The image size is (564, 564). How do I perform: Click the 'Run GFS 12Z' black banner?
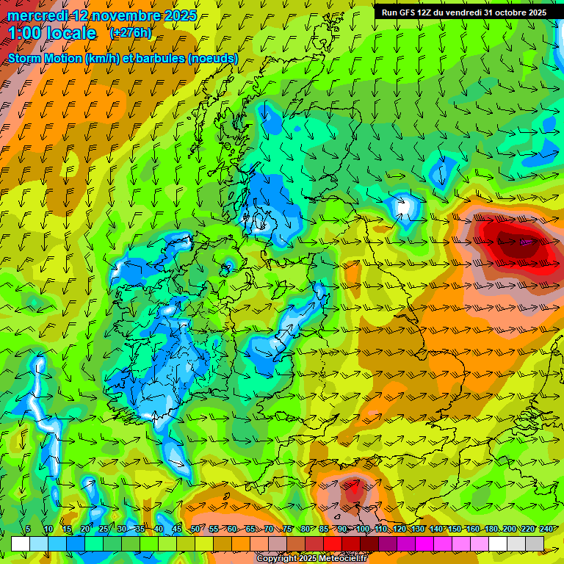click(463, 12)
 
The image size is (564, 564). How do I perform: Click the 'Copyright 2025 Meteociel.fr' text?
click(311, 558)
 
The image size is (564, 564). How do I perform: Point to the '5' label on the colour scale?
click(28, 529)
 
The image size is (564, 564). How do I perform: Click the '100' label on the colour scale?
click(363, 529)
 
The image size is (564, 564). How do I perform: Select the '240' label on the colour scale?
click(546, 529)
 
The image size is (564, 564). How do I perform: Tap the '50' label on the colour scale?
click(195, 529)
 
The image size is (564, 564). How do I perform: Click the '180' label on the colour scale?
click(491, 529)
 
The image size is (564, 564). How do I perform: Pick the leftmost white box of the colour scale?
click(21, 543)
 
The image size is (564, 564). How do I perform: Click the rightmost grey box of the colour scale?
click(535, 543)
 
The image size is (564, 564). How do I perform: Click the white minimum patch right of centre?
click(402, 206)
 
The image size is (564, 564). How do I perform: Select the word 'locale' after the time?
click(70, 34)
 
